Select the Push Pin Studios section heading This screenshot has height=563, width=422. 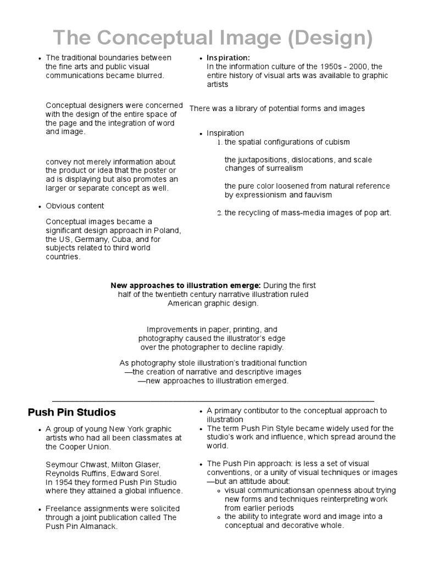[71, 412]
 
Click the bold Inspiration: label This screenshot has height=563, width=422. [228, 58]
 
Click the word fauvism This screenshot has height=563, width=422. [318, 195]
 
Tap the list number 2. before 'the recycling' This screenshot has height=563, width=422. [219, 213]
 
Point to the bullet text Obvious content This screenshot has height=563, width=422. [75, 206]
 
